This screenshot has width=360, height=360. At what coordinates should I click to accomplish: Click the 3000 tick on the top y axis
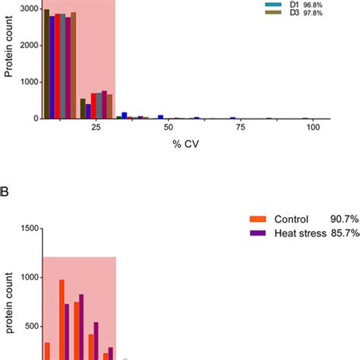(28, 7)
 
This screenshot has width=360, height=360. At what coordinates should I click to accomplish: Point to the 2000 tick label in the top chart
(28, 44)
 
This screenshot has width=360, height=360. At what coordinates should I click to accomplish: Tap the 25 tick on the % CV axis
(96, 130)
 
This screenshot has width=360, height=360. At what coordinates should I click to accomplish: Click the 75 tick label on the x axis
(241, 130)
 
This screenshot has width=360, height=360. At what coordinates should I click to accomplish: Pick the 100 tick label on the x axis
(313, 130)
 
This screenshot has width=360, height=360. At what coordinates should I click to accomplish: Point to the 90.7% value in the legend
(345, 221)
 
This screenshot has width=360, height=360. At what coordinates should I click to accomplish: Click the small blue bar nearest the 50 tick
(161, 117)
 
